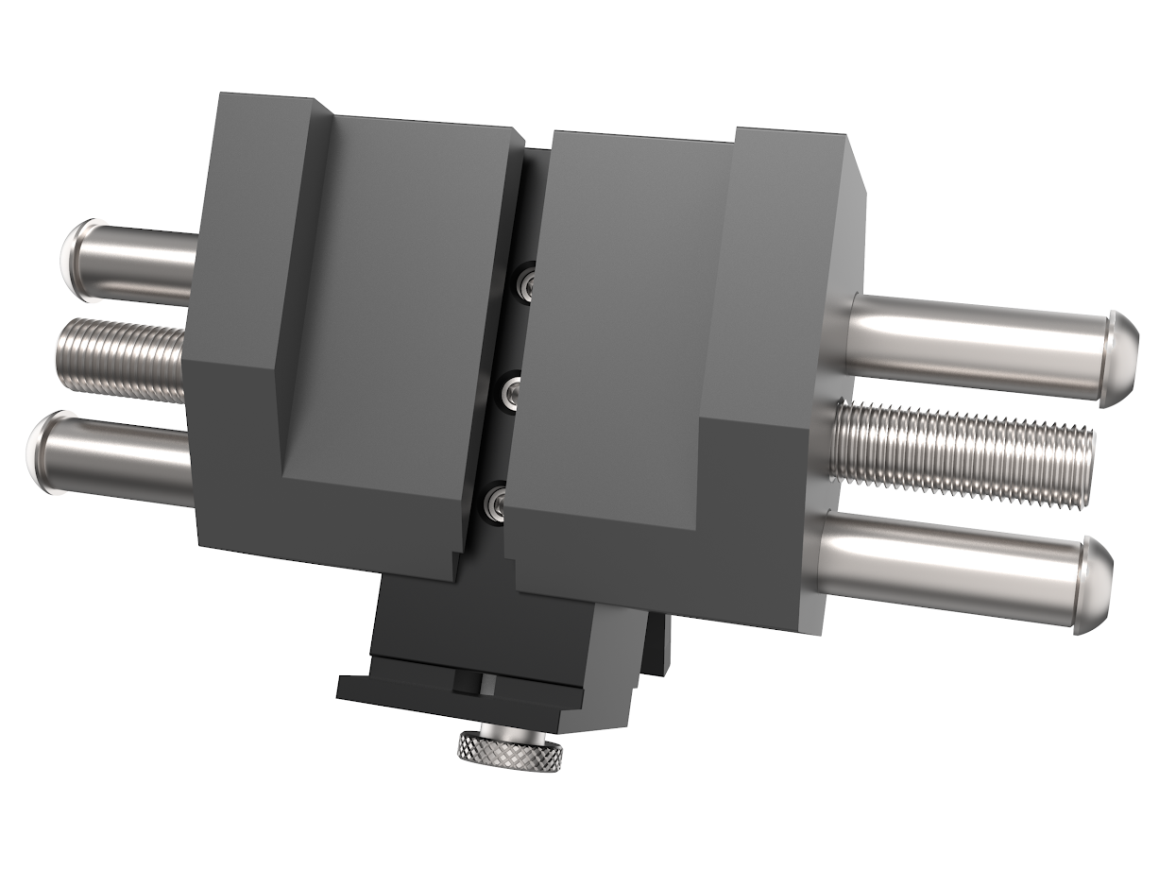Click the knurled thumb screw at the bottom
512,749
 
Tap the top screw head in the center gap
523,281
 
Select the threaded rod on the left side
123,358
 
